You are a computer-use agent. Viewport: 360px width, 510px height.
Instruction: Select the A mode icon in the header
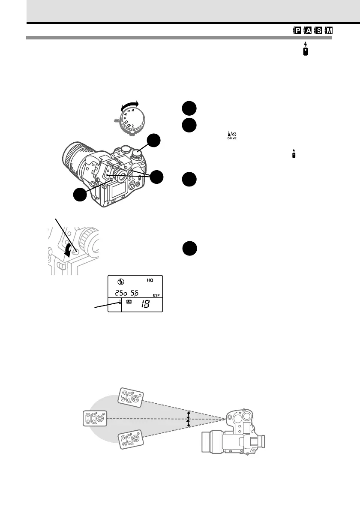(308, 31)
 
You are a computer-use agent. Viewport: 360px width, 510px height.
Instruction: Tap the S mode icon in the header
(319, 31)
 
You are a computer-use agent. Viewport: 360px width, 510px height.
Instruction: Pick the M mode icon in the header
(329, 31)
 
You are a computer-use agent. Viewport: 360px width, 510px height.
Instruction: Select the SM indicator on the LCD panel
(129, 303)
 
